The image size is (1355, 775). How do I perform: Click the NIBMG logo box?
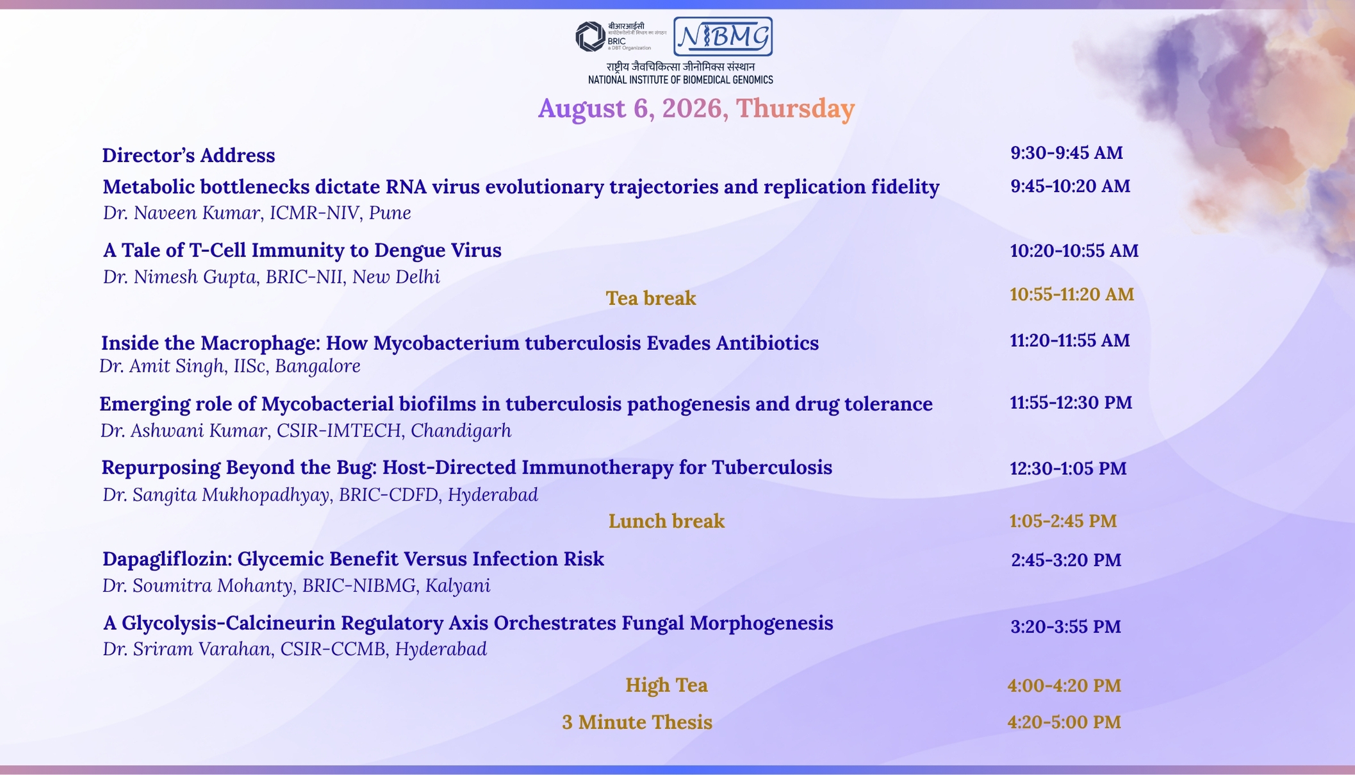tap(723, 37)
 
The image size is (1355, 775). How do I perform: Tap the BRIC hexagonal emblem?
tap(590, 37)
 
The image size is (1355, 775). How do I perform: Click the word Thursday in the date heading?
tap(795, 108)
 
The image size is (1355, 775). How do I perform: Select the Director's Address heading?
tap(188, 155)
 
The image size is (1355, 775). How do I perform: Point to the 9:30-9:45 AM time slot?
tap(1067, 153)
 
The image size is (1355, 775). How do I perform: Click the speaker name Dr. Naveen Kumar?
tap(181, 213)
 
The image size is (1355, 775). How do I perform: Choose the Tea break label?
tap(651, 298)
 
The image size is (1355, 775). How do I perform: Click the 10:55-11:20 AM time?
tap(1072, 294)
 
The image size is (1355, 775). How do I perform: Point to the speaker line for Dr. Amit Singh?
tap(230, 366)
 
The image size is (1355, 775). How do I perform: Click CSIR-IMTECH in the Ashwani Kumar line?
tap(339, 430)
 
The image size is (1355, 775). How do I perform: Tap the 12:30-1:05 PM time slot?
tap(1068, 469)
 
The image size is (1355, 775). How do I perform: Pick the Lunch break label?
tap(666, 521)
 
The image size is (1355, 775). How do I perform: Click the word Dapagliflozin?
tap(167, 560)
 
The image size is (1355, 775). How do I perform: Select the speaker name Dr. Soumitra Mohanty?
tap(197, 586)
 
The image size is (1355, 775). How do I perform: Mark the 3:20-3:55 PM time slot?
tap(1066, 626)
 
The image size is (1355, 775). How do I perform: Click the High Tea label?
tap(666, 685)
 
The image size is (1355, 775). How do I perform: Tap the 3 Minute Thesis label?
tap(637, 722)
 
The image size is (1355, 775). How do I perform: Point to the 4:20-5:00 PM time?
tap(1064, 722)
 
